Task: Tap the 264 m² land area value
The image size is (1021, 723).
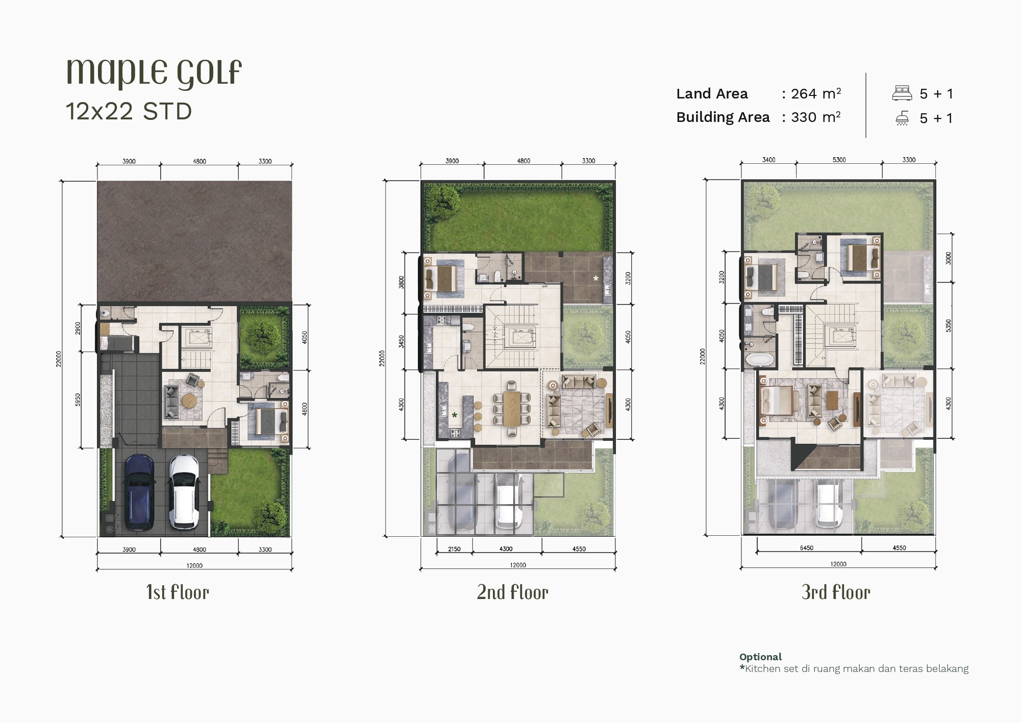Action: click(x=816, y=93)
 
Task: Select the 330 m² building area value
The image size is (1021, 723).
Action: click(x=816, y=117)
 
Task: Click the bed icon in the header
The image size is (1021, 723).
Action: click(x=902, y=93)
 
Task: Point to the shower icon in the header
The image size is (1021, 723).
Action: click(x=902, y=118)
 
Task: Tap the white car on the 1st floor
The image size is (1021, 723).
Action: click(x=184, y=491)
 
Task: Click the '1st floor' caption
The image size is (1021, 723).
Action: click(x=178, y=592)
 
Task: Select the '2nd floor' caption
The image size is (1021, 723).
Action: click(x=513, y=592)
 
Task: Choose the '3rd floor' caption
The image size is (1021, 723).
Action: click(x=836, y=592)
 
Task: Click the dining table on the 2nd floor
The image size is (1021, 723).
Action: click(x=512, y=408)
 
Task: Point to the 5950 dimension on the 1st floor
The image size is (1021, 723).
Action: click(x=78, y=400)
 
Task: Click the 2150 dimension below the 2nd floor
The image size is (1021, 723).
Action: click(x=454, y=549)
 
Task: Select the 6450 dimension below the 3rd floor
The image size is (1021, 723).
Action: click(x=807, y=548)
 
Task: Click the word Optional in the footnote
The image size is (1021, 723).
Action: click(x=760, y=657)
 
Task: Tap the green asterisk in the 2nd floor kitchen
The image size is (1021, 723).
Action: click(x=454, y=415)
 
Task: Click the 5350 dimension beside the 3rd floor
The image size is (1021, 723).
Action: click(x=949, y=325)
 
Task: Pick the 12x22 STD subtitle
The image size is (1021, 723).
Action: click(x=129, y=111)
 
